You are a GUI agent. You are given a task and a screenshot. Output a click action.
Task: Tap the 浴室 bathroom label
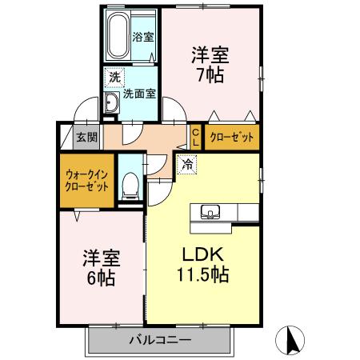click(144, 37)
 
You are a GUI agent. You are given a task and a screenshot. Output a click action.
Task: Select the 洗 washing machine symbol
click(114, 78)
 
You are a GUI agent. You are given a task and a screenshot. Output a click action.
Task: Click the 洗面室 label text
click(140, 93)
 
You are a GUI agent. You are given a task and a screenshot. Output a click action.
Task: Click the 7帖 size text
click(209, 76)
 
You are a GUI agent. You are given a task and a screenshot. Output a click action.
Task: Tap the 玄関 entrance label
click(86, 137)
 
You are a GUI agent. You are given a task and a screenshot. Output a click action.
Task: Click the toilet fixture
click(131, 186)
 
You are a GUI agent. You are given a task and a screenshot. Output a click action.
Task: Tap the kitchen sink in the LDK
click(211, 212)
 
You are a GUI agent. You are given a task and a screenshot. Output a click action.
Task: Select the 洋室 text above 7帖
click(210, 56)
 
